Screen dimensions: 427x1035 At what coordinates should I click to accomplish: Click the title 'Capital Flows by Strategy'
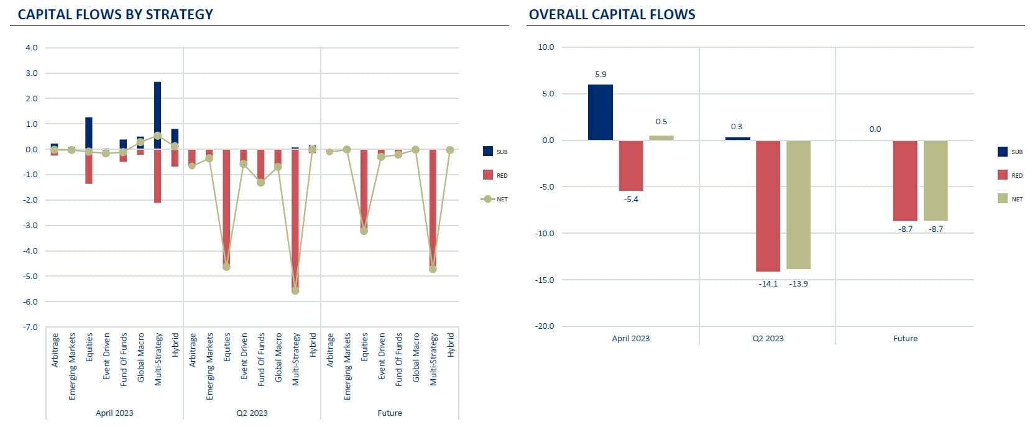(115, 14)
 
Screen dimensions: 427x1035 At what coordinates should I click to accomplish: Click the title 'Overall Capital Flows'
(612, 14)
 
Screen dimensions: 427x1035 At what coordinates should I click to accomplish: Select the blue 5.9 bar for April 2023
(600, 112)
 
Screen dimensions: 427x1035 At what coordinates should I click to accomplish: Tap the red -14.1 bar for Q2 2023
(768, 206)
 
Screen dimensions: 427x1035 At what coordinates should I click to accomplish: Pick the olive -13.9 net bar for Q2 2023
(798, 204)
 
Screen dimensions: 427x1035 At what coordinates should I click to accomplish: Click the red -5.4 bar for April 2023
(631, 165)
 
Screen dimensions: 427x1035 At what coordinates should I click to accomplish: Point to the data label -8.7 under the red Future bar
(906, 229)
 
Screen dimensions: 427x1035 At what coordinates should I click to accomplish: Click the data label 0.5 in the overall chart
(661, 122)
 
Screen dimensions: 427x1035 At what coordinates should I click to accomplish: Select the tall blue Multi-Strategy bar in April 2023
(158, 115)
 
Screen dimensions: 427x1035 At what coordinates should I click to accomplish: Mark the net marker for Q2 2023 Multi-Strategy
(295, 290)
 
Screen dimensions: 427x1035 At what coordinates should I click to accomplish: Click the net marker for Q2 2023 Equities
(226, 267)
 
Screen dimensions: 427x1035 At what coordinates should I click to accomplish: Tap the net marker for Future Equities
(364, 231)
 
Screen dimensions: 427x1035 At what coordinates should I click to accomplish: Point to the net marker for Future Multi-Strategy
(433, 269)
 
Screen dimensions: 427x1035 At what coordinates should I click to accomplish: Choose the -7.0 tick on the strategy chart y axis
(30, 327)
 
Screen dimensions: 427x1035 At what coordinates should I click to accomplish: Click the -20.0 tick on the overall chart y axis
(545, 326)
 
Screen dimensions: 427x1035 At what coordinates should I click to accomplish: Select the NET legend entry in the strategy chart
(495, 200)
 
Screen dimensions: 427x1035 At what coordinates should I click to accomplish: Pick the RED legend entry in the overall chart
(1010, 176)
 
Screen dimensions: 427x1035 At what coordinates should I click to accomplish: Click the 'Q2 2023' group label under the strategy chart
(252, 413)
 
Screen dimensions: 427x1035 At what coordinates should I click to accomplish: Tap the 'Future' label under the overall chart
(905, 339)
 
